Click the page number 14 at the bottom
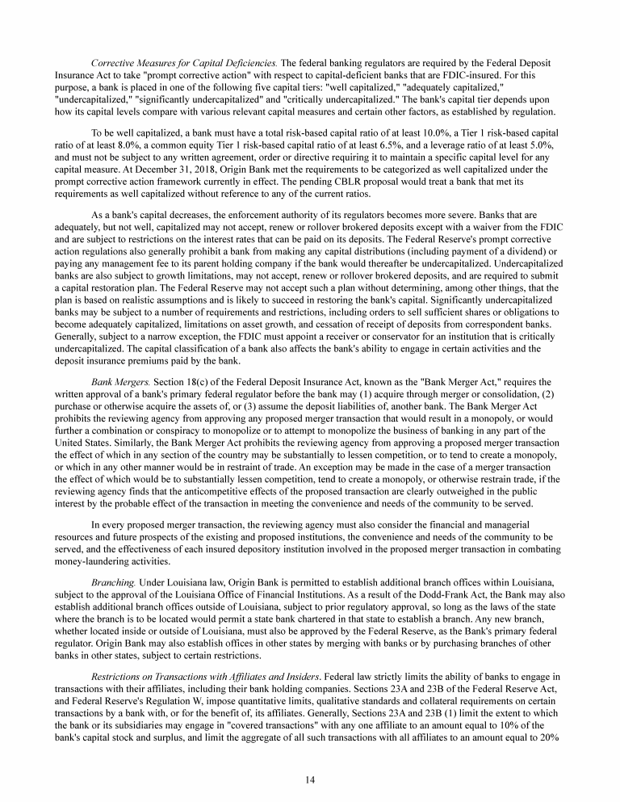309,757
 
